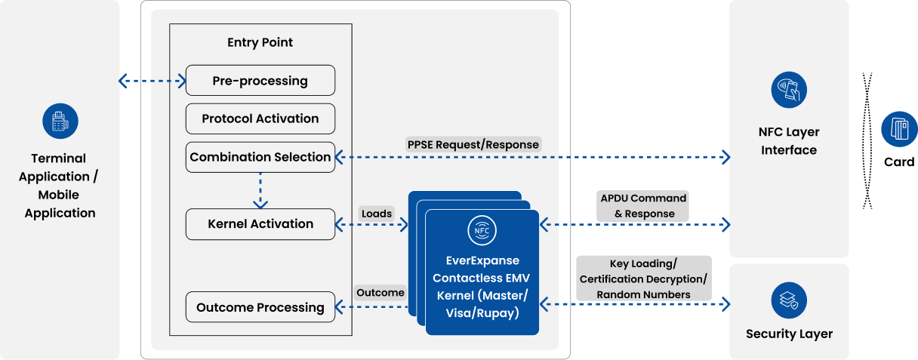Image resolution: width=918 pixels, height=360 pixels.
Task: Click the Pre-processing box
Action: click(x=260, y=81)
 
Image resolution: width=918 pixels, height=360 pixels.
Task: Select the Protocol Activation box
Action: click(x=260, y=118)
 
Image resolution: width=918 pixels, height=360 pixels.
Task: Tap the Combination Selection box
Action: click(x=260, y=157)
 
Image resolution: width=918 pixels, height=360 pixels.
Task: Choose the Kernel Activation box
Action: click(x=260, y=224)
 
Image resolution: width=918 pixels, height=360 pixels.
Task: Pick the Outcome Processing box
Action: click(x=260, y=307)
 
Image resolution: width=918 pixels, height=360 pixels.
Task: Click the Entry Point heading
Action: click(x=260, y=42)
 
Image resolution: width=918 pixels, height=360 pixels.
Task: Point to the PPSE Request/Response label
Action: click(x=473, y=144)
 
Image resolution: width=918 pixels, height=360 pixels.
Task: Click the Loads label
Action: click(x=377, y=214)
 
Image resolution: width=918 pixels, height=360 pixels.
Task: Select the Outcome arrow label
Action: click(x=380, y=292)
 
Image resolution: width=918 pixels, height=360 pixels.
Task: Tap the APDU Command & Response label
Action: click(x=644, y=205)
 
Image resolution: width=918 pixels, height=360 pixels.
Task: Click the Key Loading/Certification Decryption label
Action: click(x=643, y=278)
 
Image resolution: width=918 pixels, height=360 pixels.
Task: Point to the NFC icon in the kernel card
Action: click(x=482, y=229)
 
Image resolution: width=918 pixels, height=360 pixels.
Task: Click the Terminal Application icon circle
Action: click(x=60, y=122)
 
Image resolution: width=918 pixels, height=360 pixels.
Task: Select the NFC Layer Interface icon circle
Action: click(x=789, y=91)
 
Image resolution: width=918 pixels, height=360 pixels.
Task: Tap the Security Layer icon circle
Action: click(x=789, y=299)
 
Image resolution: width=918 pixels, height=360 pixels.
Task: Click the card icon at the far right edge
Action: click(x=899, y=128)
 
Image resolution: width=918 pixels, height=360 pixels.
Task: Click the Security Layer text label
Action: click(x=789, y=334)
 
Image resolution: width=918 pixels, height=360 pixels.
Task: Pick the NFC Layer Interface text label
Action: click(x=789, y=141)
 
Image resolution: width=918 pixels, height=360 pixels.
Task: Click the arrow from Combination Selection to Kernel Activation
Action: click(x=260, y=190)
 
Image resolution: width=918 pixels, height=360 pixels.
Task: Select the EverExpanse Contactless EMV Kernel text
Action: click(x=482, y=286)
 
